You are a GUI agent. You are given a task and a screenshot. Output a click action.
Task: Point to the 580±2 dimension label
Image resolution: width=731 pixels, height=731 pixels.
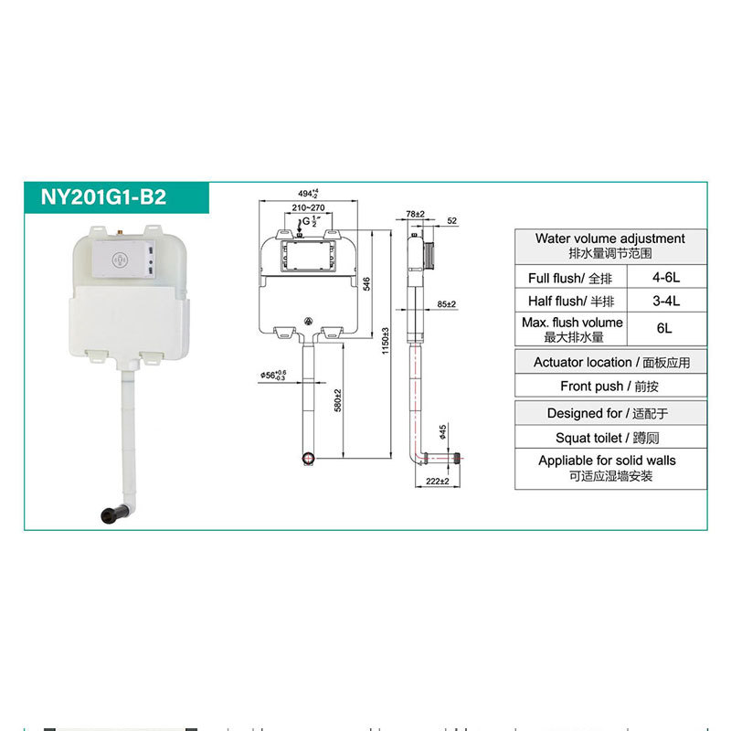click(338, 398)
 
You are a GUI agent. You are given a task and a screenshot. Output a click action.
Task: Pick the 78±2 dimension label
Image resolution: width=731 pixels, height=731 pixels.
click(417, 213)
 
